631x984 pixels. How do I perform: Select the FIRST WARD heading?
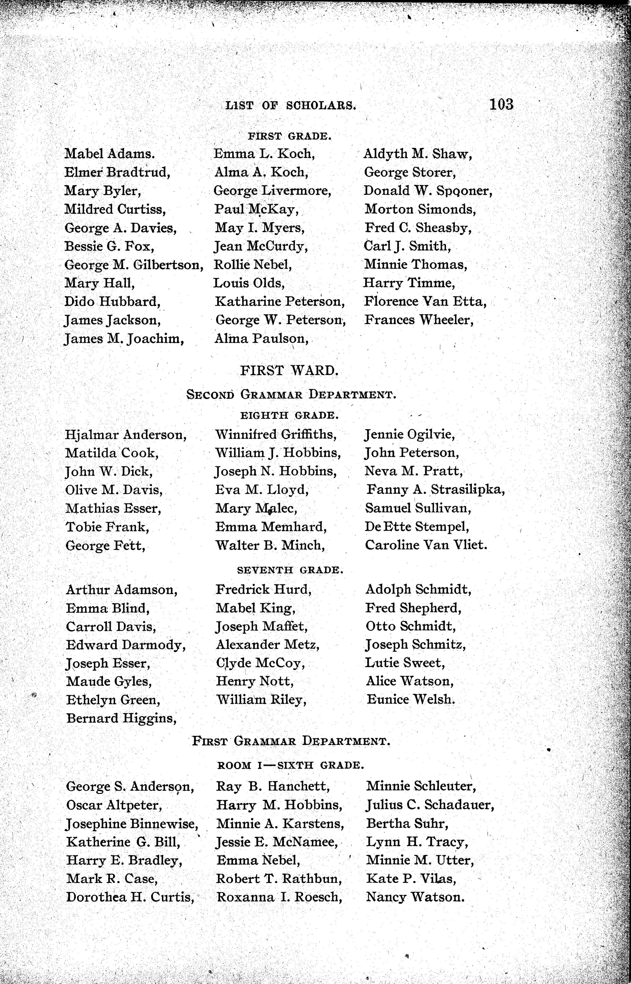click(289, 371)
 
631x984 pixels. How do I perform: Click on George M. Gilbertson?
click(134, 265)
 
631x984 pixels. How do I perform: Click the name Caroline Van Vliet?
click(426, 545)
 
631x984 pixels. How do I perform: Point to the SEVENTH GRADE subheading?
click(290, 570)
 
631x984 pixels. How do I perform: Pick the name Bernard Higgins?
click(121, 718)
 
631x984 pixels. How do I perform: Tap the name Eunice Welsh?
click(411, 700)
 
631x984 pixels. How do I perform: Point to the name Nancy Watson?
click(415, 897)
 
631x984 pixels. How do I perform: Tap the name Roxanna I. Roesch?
click(279, 897)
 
